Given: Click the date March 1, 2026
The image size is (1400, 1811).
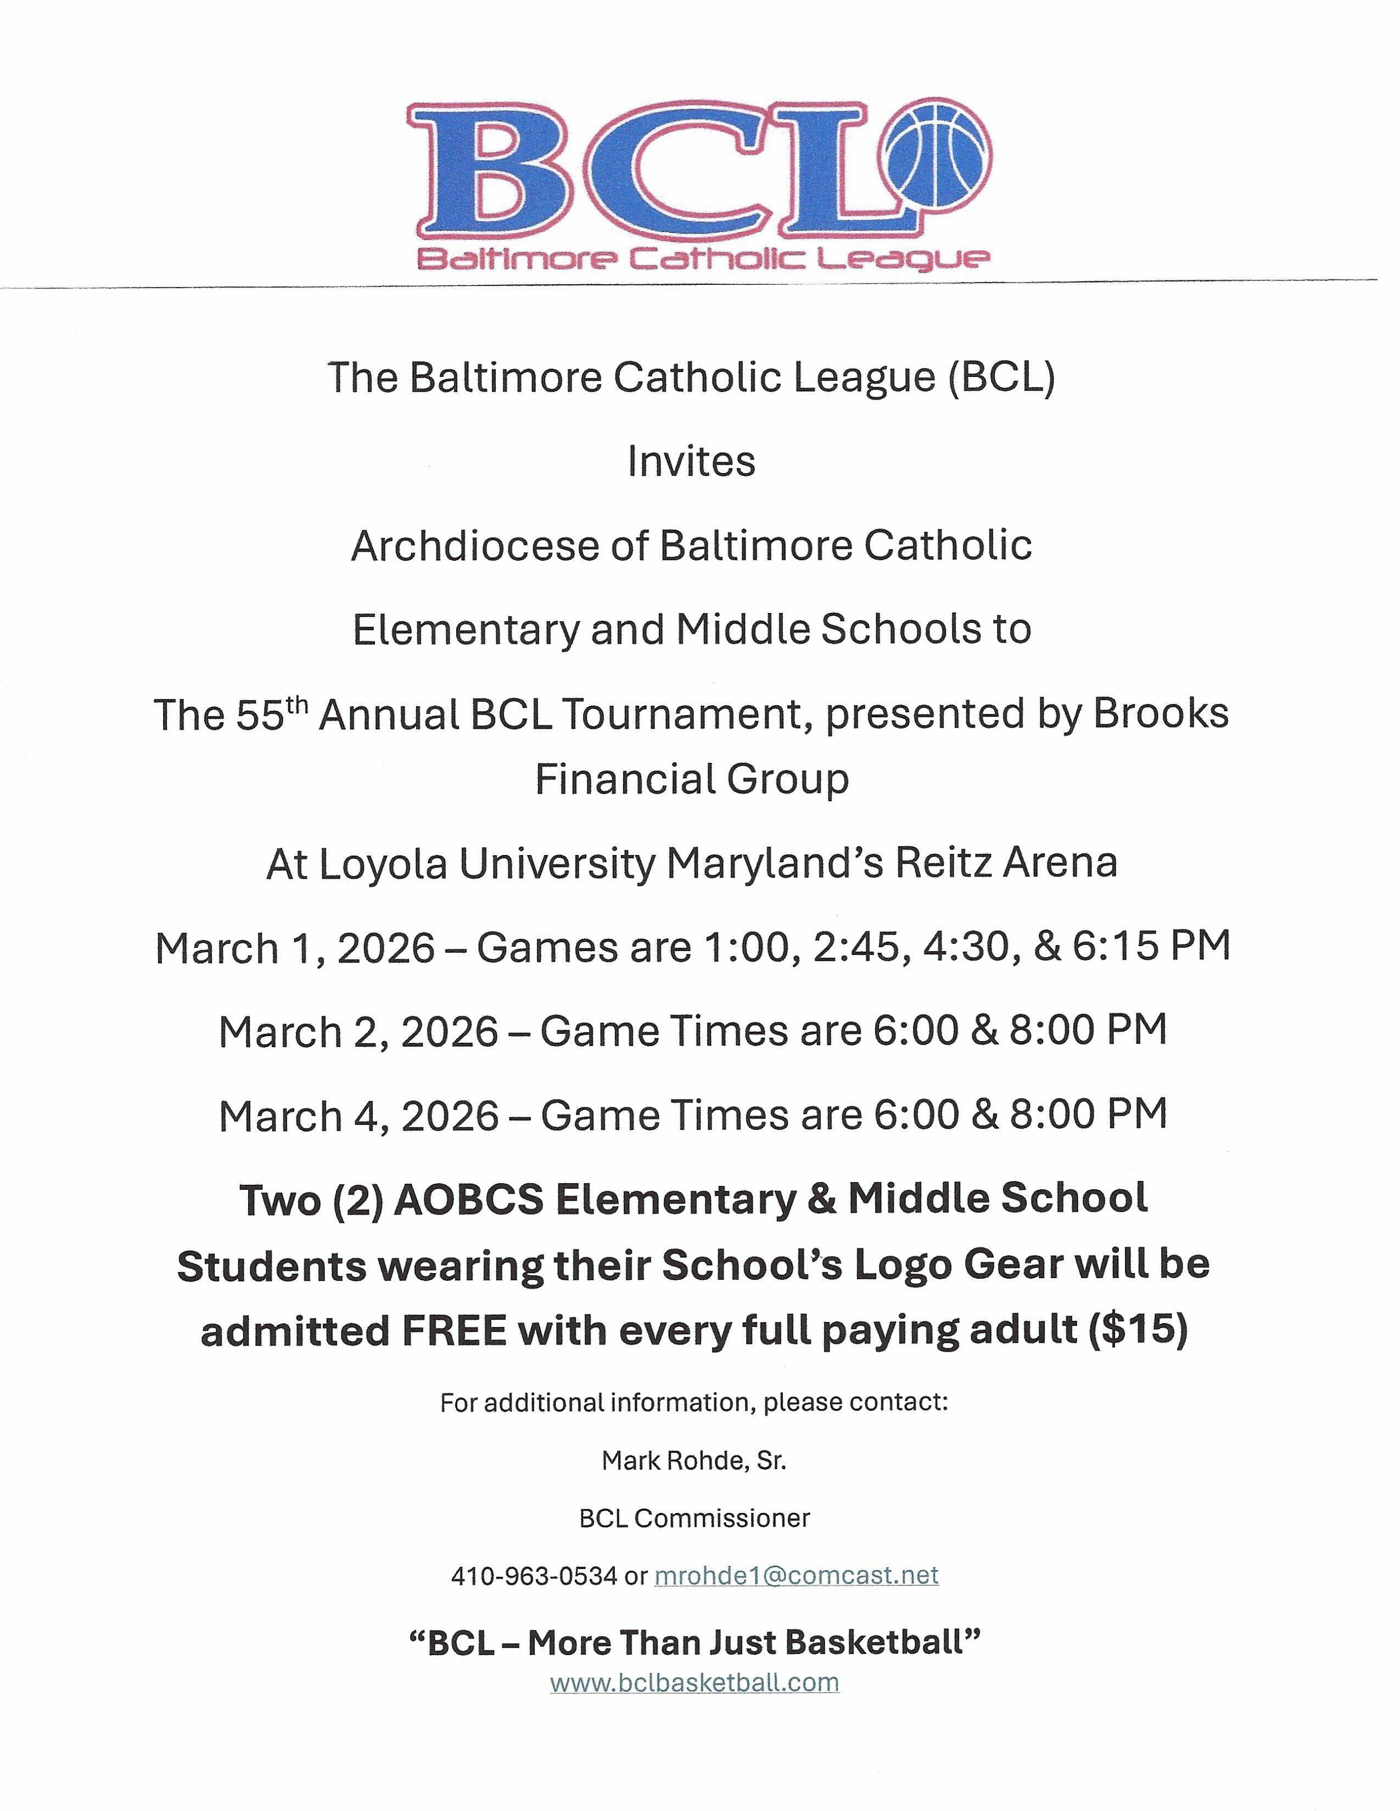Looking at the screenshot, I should [294, 947].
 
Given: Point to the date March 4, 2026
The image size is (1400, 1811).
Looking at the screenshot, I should [359, 1115].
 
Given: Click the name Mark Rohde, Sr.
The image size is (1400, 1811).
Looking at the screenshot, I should [693, 1460].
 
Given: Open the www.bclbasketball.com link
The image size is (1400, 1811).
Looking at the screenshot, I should [694, 1683].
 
